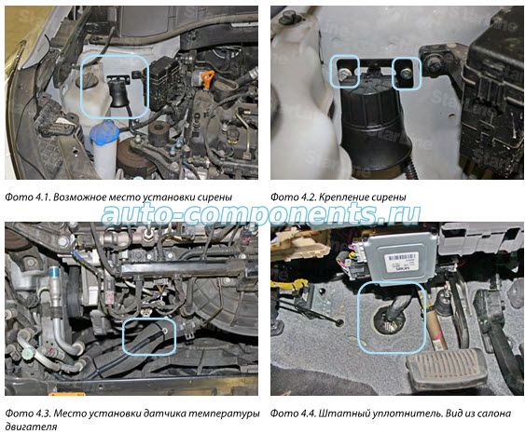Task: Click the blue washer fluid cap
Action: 104,133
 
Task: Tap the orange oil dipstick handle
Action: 208,77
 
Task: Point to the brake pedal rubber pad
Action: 446,371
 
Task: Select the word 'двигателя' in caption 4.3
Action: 31,427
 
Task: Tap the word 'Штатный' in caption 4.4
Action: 340,414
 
